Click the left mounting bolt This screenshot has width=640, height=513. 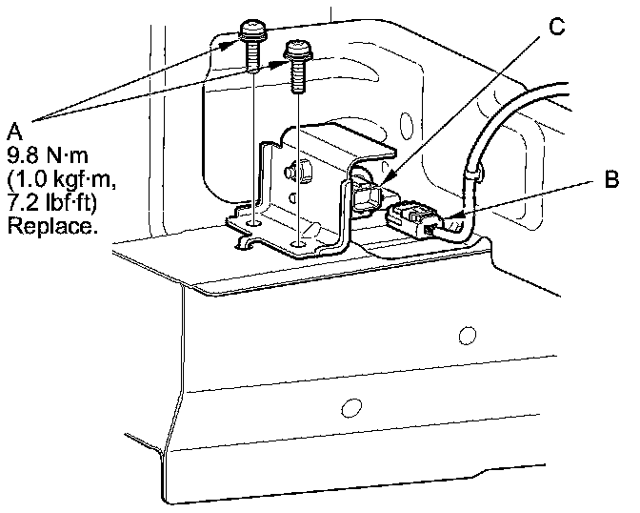(x=253, y=43)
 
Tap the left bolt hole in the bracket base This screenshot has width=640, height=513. (x=253, y=224)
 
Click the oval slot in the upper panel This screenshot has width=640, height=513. (x=407, y=124)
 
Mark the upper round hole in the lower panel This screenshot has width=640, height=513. (x=467, y=335)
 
